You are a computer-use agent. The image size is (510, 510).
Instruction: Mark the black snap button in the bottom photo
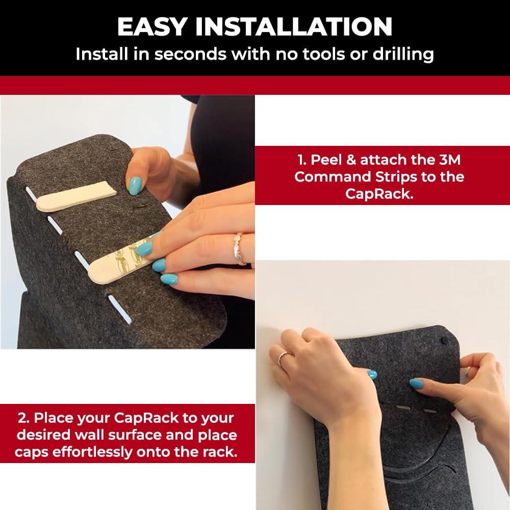[x=444, y=339]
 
